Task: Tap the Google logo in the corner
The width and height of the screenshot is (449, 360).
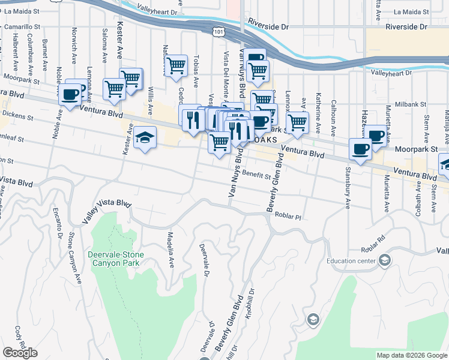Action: pyautogui.click(x=20, y=353)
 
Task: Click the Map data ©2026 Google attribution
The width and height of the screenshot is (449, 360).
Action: pyautogui.click(x=411, y=355)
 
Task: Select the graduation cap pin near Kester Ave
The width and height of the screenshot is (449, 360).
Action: pyautogui.click(x=145, y=139)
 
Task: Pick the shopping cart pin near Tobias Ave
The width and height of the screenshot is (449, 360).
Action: pyautogui.click(x=175, y=66)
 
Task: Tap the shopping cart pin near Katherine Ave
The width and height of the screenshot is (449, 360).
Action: pyautogui.click(x=297, y=123)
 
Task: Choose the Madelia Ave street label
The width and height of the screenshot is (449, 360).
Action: pyautogui.click(x=170, y=249)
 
